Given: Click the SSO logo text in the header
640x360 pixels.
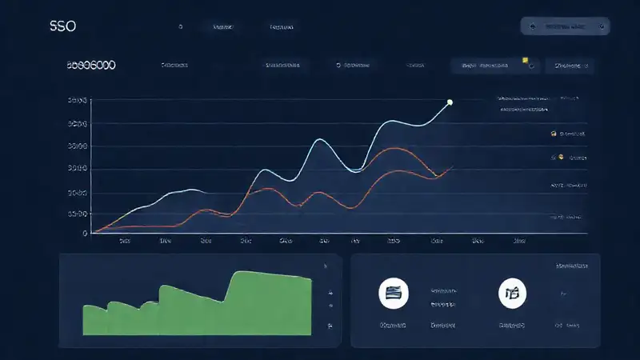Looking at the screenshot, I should (x=62, y=26).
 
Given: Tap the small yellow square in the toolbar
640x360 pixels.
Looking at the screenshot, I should (x=525, y=60).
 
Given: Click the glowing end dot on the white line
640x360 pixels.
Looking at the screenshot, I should (x=450, y=102).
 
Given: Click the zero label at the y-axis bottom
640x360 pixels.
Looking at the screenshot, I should (x=84, y=234).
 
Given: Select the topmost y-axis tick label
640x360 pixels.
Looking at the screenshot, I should (x=78, y=102).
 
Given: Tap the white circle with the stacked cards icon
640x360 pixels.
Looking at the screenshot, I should (x=393, y=294).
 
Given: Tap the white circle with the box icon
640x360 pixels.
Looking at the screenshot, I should (x=512, y=294).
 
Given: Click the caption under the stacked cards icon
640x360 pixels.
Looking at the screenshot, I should (x=393, y=326).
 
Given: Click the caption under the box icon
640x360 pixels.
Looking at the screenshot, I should (x=512, y=326).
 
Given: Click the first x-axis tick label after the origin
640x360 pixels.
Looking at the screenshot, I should (x=125, y=240).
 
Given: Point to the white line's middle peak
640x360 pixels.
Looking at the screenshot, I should (x=320, y=140).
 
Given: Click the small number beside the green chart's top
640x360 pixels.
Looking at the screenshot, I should (x=325, y=266).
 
